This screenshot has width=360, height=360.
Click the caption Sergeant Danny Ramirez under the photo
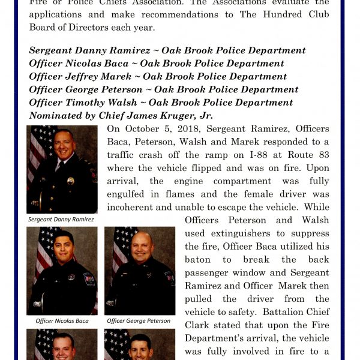(61, 220)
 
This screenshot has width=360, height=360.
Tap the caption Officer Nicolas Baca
(62, 321)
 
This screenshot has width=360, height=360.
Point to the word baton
(200, 259)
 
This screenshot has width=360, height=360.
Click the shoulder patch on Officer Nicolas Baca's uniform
(89, 279)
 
